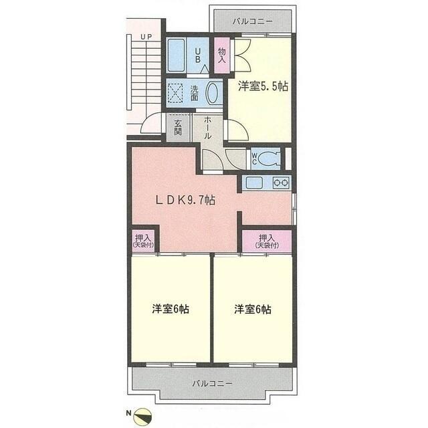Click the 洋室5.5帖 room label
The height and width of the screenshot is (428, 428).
coord(263,86)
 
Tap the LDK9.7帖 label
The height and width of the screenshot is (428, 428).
coord(185,201)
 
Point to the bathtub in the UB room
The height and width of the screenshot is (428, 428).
coord(176,56)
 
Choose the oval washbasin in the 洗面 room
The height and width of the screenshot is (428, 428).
coord(212,93)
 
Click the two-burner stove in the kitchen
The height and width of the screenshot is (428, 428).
coord(281,183)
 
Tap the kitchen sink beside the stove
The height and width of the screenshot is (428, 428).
coord(254,183)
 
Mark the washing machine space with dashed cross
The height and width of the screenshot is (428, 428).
coord(175,93)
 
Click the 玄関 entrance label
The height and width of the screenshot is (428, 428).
coord(178,128)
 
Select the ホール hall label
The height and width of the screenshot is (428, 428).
coord(207,128)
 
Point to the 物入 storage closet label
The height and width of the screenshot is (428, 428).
coord(221,56)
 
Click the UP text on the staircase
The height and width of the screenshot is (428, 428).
coord(146,37)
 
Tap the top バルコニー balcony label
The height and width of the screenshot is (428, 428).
coord(253,21)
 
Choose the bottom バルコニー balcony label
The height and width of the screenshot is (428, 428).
coord(213,383)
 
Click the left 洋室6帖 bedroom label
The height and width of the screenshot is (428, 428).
coord(171,309)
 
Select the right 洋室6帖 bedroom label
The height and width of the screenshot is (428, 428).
coord(253,309)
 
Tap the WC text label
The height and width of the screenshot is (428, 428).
coord(254,158)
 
